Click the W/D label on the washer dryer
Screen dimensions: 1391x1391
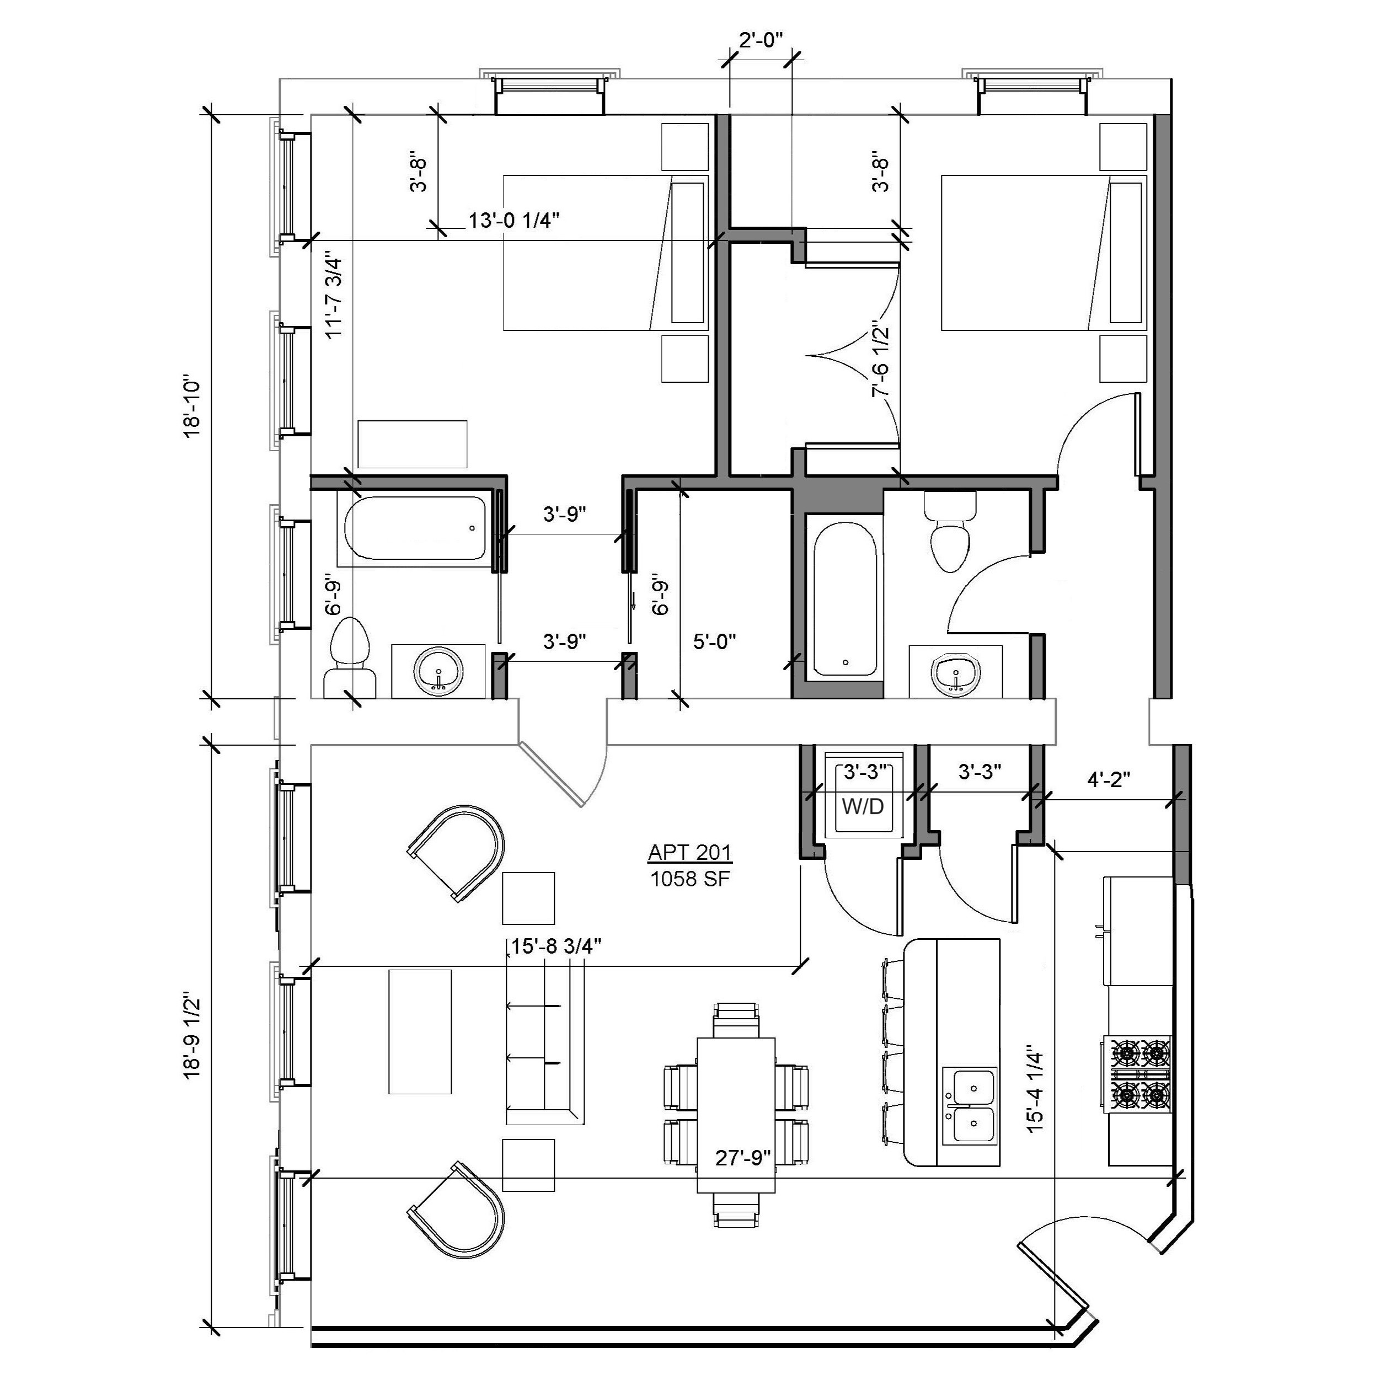tap(863, 807)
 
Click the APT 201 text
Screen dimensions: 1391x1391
tap(691, 853)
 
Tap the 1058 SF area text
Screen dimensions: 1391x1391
tap(691, 879)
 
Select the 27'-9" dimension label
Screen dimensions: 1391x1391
tap(743, 1158)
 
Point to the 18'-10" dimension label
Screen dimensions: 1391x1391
tap(194, 407)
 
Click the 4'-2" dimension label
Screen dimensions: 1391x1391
tap(1109, 778)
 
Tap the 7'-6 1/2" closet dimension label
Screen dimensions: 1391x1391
tap(880, 358)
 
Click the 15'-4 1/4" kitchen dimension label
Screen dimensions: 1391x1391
tap(1035, 1099)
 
